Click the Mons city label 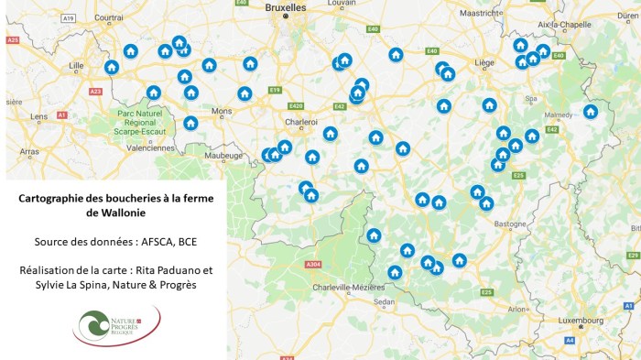222,111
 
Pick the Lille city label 76,65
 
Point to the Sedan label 384,300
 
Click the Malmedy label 557,116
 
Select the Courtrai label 109,16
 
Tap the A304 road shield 313,265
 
